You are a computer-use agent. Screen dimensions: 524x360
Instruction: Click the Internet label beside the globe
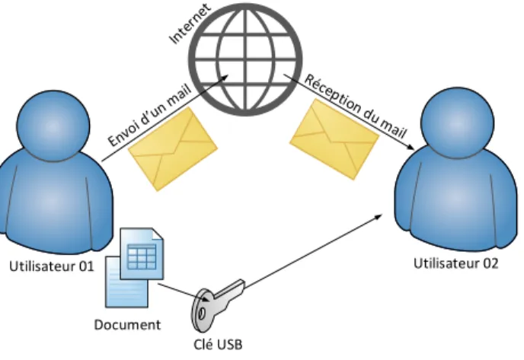[x=190, y=24]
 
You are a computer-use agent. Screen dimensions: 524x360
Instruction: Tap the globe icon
[x=245, y=59]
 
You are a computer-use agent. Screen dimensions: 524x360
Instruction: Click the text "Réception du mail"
[x=356, y=107]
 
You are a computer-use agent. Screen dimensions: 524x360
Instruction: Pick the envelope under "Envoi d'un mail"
[x=173, y=149]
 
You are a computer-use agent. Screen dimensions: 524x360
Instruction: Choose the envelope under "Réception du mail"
[x=334, y=139]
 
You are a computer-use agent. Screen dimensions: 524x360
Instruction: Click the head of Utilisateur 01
[x=53, y=126]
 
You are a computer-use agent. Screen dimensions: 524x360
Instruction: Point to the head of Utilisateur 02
[x=457, y=123]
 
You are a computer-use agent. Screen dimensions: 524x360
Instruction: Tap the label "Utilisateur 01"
[x=52, y=266]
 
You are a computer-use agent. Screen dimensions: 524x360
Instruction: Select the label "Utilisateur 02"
[x=455, y=263]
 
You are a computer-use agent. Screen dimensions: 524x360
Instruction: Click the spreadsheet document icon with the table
[x=142, y=253]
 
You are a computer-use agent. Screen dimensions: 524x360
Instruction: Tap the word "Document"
[x=127, y=324]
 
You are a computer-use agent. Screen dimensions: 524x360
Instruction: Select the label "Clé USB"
[x=218, y=345]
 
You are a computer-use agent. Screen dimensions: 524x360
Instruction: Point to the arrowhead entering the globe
[x=225, y=77]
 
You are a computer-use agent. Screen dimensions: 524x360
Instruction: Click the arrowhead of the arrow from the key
[x=379, y=216]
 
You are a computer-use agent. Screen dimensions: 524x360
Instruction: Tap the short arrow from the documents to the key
[x=184, y=292]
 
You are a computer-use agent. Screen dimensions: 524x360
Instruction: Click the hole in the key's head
[x=202, y=314]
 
